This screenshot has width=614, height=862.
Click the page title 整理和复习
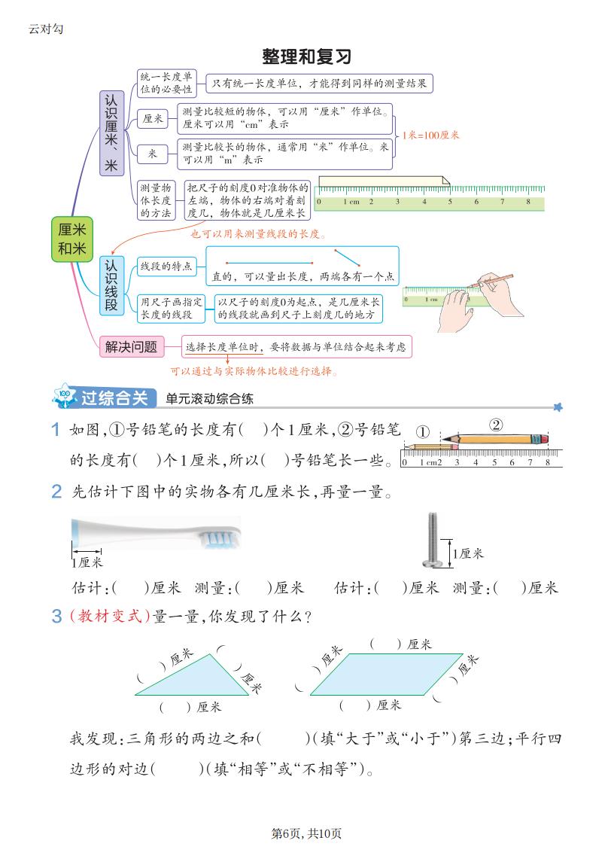coord(307,57)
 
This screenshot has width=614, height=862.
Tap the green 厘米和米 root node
coord(72,239)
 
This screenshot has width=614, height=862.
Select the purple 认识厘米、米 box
coord(111,133)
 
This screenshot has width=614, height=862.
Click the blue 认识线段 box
coord(111,285)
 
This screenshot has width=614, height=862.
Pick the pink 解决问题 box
coord(132,347)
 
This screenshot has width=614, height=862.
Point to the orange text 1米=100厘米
coord(430,136)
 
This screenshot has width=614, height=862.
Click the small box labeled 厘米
coord(153,119)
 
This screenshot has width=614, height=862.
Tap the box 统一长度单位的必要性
coord(166,83)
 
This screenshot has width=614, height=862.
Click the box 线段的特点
coord(166,266)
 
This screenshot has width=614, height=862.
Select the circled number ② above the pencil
coord(496,425)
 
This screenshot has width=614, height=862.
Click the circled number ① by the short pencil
coord(423,433)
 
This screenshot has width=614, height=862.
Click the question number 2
coord(57,493)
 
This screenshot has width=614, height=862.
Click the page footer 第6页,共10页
coord(307,833)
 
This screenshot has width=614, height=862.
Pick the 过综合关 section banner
coord(105,397)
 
